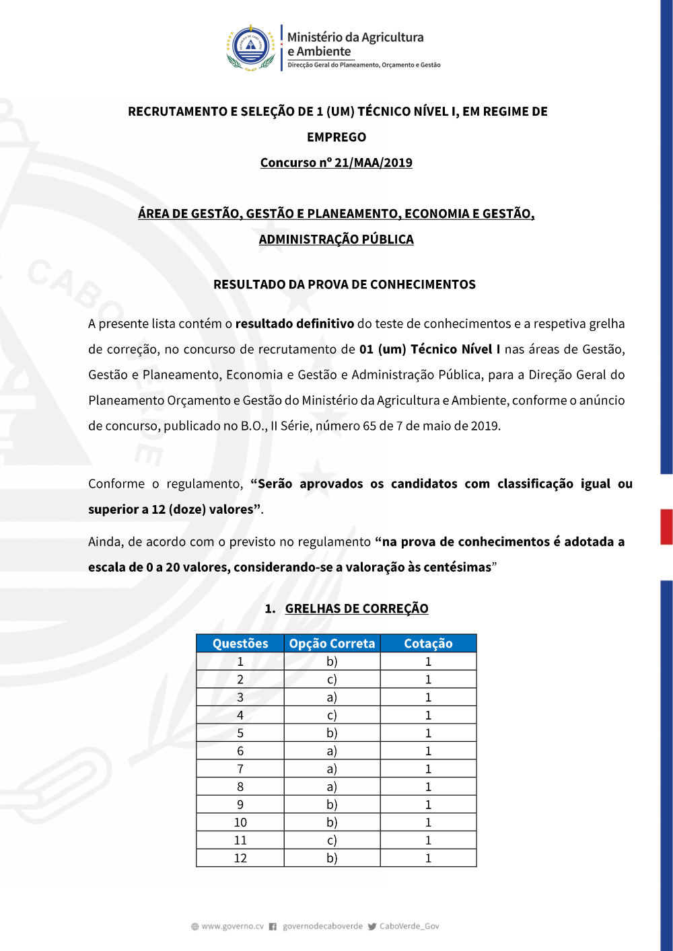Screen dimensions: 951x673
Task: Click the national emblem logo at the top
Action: coord(251,47)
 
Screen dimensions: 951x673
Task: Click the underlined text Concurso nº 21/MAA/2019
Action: coord(336,163)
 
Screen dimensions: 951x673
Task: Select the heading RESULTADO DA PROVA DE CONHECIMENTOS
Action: coord(344,284)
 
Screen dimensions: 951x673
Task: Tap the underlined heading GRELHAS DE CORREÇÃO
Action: coord(356,609)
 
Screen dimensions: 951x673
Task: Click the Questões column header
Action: coord(240,644)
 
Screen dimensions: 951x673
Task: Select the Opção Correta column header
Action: coord(332,644)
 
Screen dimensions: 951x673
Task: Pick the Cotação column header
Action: coord(428,644)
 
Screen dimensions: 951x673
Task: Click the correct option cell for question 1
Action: coord(332,662)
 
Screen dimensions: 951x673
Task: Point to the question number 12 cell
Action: coord(240,858)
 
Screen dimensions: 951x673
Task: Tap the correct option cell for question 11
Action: coord(332,840)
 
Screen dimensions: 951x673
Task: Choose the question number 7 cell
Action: coord(240,769)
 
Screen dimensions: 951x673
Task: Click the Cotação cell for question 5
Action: coord(428,733)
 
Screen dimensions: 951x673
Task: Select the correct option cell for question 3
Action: coord(332,697)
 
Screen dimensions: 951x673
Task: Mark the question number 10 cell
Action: coord(240,823)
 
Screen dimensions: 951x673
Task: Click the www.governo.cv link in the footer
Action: coord(232,926)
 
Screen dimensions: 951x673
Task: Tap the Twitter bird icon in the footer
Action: coord(372,927)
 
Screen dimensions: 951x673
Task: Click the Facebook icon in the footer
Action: coord(273,927)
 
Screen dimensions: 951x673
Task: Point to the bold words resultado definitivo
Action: coord(294,324)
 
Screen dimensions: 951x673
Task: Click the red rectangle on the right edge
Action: coord(666,527)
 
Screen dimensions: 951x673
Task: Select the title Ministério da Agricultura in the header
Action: coord(355,37)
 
